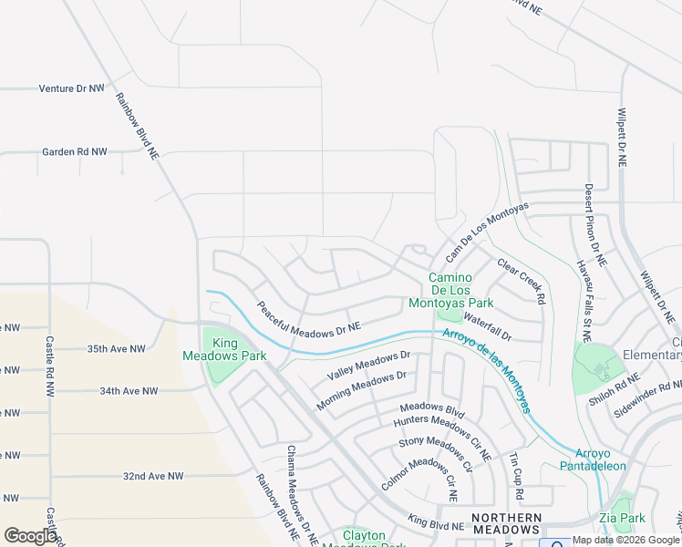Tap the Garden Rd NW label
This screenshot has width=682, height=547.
tap(74, 152)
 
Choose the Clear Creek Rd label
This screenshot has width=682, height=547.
tap(522, 282)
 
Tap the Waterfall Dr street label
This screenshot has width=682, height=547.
tap(488, 325)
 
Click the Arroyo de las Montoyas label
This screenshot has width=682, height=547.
tap(486, 370)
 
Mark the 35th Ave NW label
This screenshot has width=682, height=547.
tap(116, 349)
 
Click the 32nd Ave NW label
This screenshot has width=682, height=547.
tap(153, 477)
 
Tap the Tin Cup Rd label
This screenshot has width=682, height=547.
tap(516, 475)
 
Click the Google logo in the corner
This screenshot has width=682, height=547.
tap(30, 535)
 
